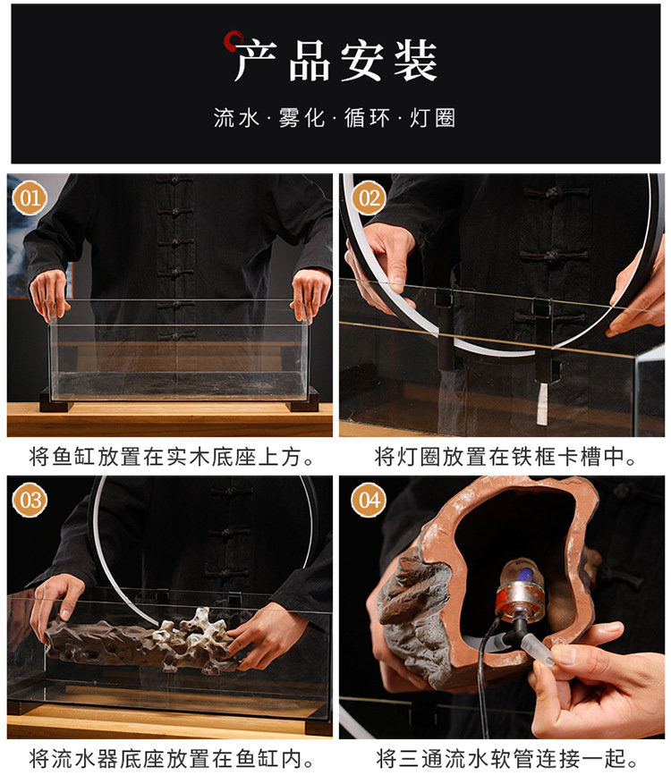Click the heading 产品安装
click(336, 63)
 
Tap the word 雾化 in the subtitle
click(302, 118)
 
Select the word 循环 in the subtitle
click(368, 118)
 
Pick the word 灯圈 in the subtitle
click(433, 118)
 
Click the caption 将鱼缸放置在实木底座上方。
click(172, 458)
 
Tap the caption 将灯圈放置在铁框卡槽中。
click(506, 458)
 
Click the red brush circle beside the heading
click(235, 40)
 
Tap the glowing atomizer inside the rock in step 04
click(521, 579)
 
